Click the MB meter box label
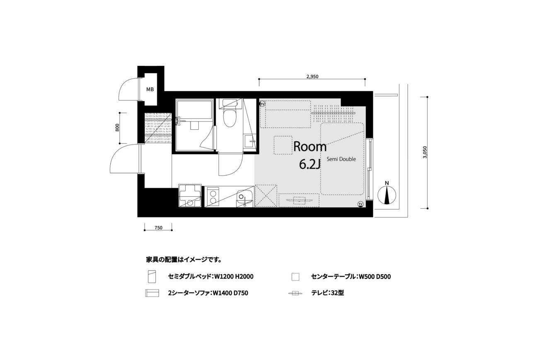point(150,89)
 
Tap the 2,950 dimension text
point(312,77)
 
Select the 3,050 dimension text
point(425,152)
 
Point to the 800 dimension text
point(117,127)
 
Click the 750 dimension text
point(158,228)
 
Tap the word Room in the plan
point(310,147)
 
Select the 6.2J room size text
point(310,164)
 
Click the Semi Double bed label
point(341,159)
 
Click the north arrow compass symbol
point(387,195)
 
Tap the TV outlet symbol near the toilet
point(263,104)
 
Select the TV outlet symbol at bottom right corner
point(360,204)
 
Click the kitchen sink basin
point(244,196)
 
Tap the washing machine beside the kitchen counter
point(190,196)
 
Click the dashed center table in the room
point(283,145)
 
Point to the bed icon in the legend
point(152,277)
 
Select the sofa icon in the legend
point(152,293)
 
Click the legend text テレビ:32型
point(327,293)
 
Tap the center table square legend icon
point(295,277)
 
